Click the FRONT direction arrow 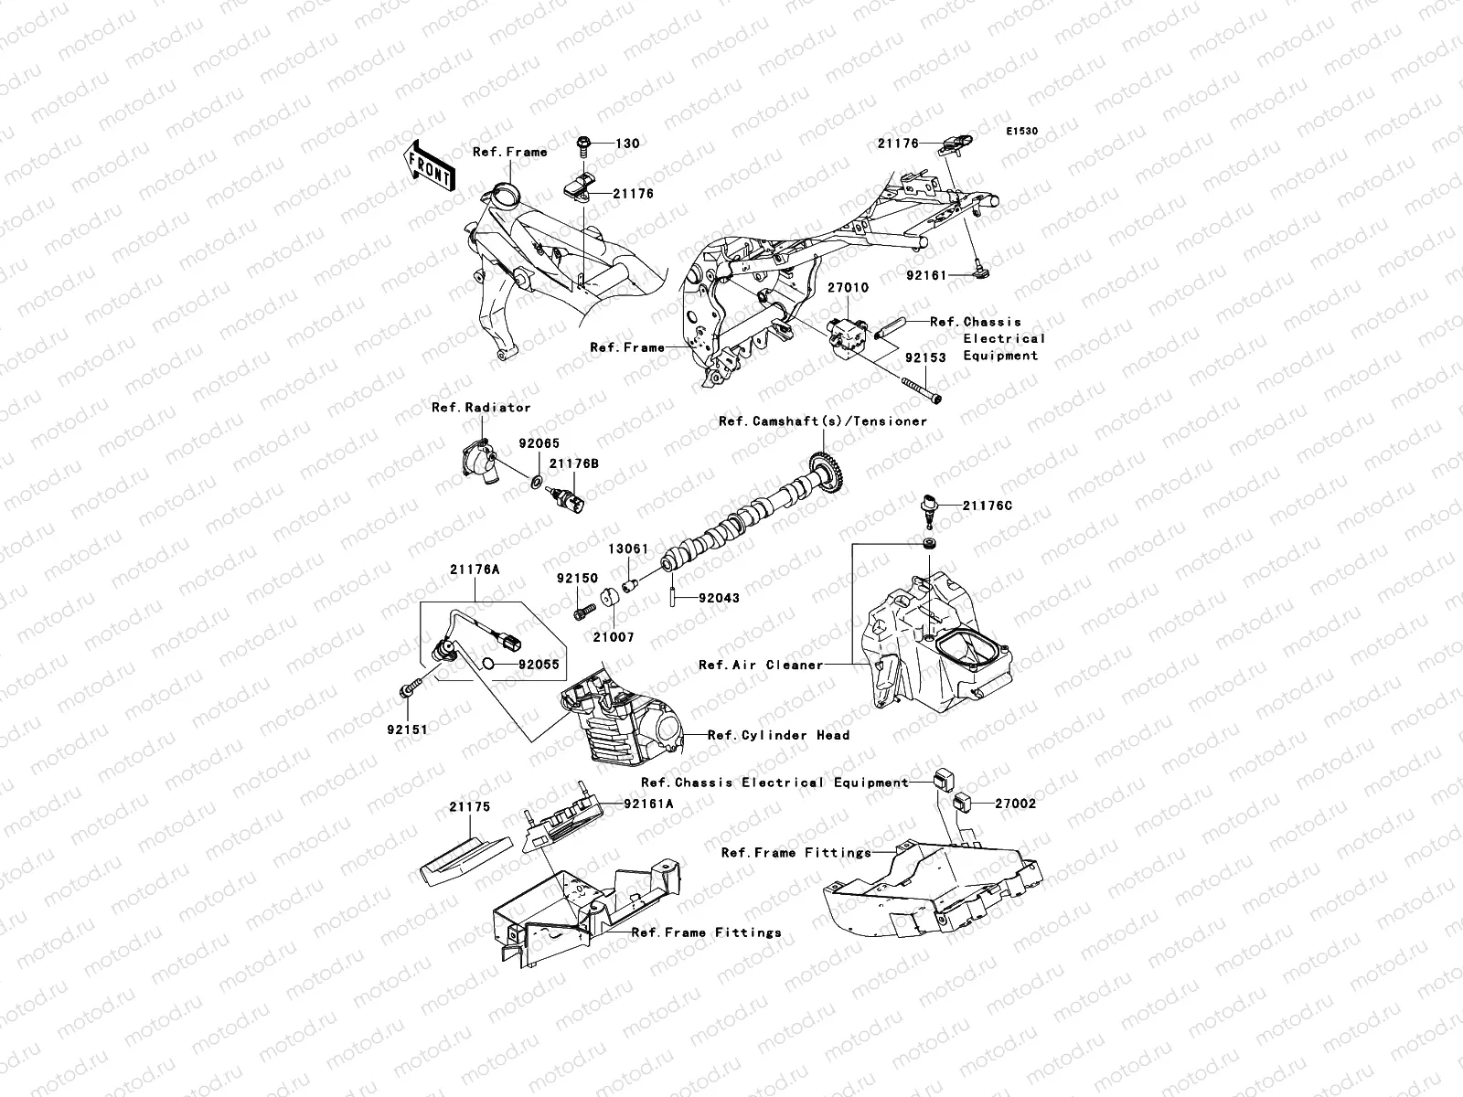pyautogui.click(x=429, y=165)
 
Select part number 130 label pyautogui.click(x=626, y=144)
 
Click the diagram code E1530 pyautogui.click(x=1022, y=132)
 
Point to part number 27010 pyautogui.click(x=849, y=287)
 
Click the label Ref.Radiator pyautogui.click(x=481, y=408)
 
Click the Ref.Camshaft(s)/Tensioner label pyautogui.click(x=823, y=421)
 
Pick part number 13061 pyautogui.click(x=628, y=549)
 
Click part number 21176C pyautogui.click(x=986, y=506)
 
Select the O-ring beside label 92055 pyautogui.click(x=490, y=665)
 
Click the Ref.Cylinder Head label pyautogui.click(x=778, y=735)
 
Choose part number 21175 pyautogui.click(x=469, y=807)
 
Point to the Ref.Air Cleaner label pyautogui.click(x=761, y=666)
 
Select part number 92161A pyautogui.click(x=648, y=804)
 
